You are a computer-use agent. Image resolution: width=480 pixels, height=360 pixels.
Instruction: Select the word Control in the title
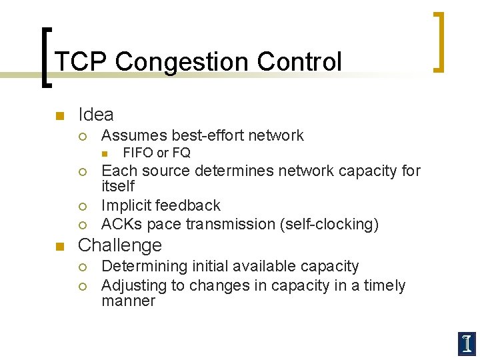tap(295, 62)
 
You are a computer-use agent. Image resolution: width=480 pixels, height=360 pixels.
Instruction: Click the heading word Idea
tap(96, 115)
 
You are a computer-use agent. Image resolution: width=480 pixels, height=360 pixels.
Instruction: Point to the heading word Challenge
tap(120, 245)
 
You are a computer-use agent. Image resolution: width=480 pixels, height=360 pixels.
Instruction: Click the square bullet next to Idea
tap(59, 116)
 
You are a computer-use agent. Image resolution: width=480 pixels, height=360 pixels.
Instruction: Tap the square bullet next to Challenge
tap(59, 246)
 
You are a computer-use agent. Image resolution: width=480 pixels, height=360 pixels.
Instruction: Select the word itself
tap(118, 186)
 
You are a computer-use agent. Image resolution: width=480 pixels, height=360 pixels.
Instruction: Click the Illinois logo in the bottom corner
tap(466, 343)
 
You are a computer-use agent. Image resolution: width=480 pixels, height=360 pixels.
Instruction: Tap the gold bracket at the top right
tap(439, 41)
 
